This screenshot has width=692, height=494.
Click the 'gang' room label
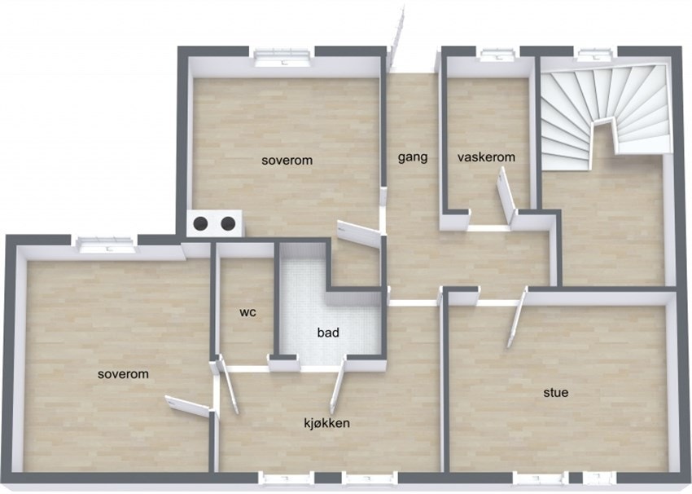click(x=413, y=157)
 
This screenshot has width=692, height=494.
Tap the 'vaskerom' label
click(x=486, y=157)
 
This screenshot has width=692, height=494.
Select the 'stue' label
click(x=556, y=392)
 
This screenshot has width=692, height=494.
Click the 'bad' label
click(x=328, y=333)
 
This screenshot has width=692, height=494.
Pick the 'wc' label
click(x=248, y=312)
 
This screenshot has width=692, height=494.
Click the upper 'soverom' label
click(x=287, y=161)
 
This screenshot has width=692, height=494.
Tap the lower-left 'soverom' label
click(x=123, y=374)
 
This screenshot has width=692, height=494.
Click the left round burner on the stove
click(x=201, y=223)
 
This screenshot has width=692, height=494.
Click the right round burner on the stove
click(x=229, y=223)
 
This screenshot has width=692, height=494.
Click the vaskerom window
click(x=494, y=55)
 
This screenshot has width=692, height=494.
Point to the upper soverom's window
click(x=282, y=55)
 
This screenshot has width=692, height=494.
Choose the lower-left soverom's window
click(x=107, y=241)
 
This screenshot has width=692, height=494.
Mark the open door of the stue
click(x=515, y=321)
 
